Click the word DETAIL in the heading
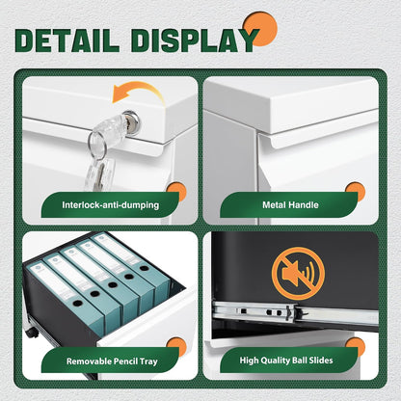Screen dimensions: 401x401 click(x=67, y=40)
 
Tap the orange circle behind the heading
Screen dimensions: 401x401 click(x=260, y=29)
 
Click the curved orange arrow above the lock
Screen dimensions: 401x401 click(x=139, y=92)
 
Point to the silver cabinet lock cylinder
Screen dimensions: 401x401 click(x=132, y=120)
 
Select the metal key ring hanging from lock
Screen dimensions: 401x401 click(x=97, y=144)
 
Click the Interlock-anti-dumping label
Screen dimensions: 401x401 click(x=111, y=205)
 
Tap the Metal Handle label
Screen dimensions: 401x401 click(x=290, y=205)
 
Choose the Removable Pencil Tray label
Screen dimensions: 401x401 click(x=112, y=361)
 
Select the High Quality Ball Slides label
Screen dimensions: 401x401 click(x=286, y=361)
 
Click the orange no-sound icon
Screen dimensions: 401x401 click(x=298, y=274)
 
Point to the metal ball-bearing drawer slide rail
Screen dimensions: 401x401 click(x=296, y=312)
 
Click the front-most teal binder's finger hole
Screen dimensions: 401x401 click(x=77, y=303)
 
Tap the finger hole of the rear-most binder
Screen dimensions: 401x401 click(x=145, y=268)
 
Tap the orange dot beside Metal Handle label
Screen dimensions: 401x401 click(x=356, y=192)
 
